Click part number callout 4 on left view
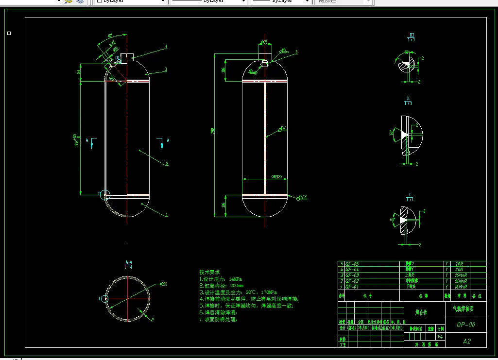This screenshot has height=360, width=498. tap(166, 47)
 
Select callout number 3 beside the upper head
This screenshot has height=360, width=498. tap(166, 69)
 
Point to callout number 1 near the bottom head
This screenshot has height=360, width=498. tap(167, 214)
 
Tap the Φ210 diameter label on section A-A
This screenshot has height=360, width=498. tap(163, 284)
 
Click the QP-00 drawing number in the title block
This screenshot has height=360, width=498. tap(466, 325)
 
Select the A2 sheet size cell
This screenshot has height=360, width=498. tap(466, 341)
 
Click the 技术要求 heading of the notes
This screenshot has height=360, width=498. tap(209, 272)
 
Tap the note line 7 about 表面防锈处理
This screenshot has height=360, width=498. tap(218, 319)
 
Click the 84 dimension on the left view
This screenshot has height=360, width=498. tap(78, 72)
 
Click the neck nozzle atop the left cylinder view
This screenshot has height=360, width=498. tap(127, 57)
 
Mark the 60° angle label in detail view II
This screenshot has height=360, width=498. tap(392, 133)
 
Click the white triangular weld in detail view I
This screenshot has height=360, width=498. tap(403, 220)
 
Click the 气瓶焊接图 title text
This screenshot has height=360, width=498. tap(459, 309)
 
